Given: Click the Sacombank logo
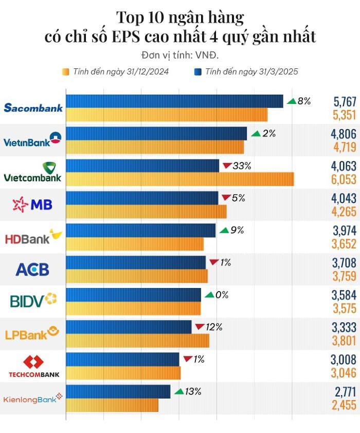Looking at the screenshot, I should tap(33, 107).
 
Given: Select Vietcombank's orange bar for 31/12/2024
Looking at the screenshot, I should tap(180, 179).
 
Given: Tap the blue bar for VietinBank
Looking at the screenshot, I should tap(156, 133).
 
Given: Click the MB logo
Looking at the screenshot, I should tap(32, 205).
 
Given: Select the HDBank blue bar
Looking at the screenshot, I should tap(141, 230).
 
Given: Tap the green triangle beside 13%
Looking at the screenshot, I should tap(178, 392).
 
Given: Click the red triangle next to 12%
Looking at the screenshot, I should tap(200, 327).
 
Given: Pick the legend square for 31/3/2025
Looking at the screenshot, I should tap(197, 71).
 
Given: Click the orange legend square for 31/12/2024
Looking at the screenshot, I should tap(66, 71).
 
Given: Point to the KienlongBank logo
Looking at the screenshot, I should tap(33, 399).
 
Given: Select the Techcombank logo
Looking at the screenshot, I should tap(34, 367).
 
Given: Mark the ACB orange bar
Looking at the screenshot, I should tap(137, 276).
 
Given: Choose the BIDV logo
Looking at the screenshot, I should tap(33, 300).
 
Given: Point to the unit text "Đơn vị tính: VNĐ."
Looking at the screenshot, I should tap(179, 55).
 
